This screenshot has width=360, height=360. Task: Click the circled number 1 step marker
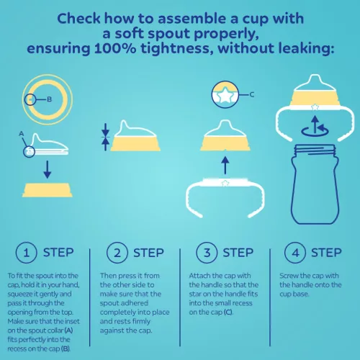coord(27,253)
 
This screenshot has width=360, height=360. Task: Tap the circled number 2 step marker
coord(117,253)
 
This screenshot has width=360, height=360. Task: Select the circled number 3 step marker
coord(207,253)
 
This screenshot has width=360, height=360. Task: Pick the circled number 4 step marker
coord(295,253)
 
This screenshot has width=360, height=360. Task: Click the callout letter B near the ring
coord(49,99)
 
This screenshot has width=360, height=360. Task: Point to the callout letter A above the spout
coord(22,133)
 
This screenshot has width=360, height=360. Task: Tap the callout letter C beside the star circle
coord(252,94)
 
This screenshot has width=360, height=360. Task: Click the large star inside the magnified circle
coord(225,96)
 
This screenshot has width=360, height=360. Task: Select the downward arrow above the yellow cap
coord(48,169)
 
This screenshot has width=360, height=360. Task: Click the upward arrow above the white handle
coord(225,165)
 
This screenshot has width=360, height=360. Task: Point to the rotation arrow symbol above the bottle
coord(315,127)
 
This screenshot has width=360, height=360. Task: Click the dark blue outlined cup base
coord(315,184)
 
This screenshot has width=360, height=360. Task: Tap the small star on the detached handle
coord(225,183)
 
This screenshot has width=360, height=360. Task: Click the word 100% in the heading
coord(115,48)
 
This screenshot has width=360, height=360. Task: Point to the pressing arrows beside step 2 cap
coord(105,137)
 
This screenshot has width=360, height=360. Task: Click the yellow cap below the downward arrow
coord(48,190)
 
